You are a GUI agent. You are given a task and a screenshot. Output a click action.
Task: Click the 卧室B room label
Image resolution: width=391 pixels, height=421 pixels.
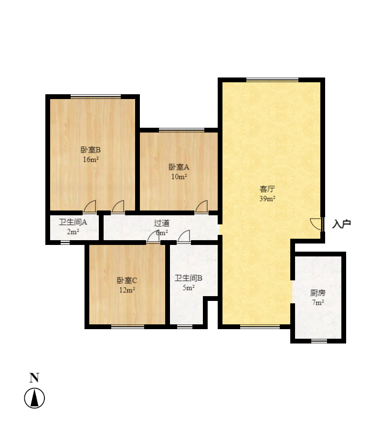pos(91,150)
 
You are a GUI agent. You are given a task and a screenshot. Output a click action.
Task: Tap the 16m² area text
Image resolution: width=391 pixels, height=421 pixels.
pos(91,159)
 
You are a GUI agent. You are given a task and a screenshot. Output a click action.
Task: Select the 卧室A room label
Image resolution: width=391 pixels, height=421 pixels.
pos(179,167)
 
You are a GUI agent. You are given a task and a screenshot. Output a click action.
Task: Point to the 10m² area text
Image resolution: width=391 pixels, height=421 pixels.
pos(179,177)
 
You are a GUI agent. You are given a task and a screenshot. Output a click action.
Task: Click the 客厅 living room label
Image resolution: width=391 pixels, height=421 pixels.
pos(267,189)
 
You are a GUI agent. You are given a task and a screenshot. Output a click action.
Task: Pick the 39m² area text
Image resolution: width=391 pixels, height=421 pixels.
pos(267,199)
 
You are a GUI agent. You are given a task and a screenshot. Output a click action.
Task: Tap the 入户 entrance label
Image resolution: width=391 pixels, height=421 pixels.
pos(342,223)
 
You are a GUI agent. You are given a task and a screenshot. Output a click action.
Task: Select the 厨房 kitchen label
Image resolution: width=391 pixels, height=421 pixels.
pos(318,293)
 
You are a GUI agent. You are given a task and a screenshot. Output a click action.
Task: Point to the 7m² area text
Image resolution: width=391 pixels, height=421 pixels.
pos(318,302)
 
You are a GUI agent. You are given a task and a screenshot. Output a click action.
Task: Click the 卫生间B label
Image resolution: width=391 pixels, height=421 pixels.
pos(188,278)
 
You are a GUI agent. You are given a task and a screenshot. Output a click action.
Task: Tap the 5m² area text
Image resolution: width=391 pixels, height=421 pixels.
pos(188,288)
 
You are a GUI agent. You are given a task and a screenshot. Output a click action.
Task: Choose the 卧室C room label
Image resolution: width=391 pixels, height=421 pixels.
pos(127,280)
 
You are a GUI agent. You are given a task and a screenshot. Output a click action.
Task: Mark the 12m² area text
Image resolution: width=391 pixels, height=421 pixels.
pos(127,290)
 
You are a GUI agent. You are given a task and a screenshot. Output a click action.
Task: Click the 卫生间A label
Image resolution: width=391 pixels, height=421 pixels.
pos(73,222)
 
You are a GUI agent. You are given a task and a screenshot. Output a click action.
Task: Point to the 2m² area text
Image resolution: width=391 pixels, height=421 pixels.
pos(73,232)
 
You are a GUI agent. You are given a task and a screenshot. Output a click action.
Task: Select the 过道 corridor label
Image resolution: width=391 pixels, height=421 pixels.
pos(161,223)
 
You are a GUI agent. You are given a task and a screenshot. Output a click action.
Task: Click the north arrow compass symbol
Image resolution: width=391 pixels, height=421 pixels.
pos(34,398)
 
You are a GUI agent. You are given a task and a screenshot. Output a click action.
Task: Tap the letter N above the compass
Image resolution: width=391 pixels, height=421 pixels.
pos(34,378)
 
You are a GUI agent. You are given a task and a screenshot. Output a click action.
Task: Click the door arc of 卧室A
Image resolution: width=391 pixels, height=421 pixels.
pos(202,206)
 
